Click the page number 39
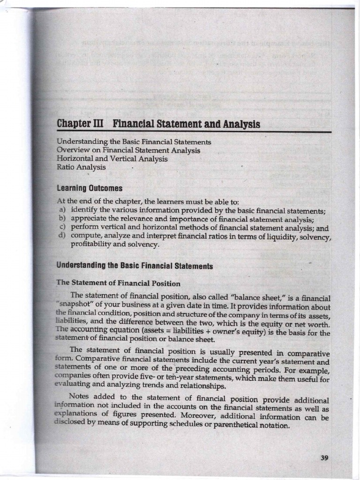(324, 458)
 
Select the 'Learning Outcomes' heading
(90, 188)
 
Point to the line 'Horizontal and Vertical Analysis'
(112, 159)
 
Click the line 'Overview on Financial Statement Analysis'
(128, 150)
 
